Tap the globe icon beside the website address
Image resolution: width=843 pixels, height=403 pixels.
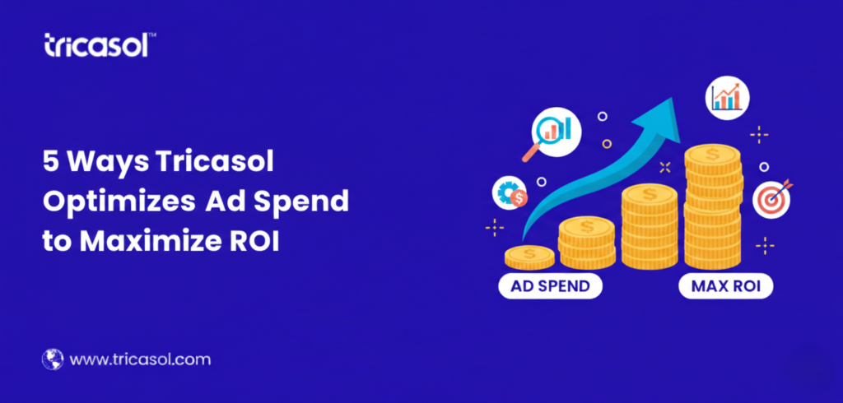(53, 359)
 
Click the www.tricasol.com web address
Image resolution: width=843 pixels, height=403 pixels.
(140, 359)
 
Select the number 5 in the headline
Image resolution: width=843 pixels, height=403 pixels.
(50, 161)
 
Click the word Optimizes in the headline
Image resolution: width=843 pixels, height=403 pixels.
(119, 202)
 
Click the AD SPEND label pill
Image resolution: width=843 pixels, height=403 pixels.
(550, 285)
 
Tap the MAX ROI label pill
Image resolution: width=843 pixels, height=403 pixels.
(726, 285)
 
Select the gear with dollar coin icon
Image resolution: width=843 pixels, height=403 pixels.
(510, 193)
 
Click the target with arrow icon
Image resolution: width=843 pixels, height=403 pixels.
(772, 198)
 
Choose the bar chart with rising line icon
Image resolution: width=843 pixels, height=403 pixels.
(727, 98)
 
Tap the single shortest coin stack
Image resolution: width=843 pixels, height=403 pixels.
(529, 257)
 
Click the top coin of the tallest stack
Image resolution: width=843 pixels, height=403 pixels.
(712, 155)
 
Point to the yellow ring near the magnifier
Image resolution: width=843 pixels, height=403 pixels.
(607, 143)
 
